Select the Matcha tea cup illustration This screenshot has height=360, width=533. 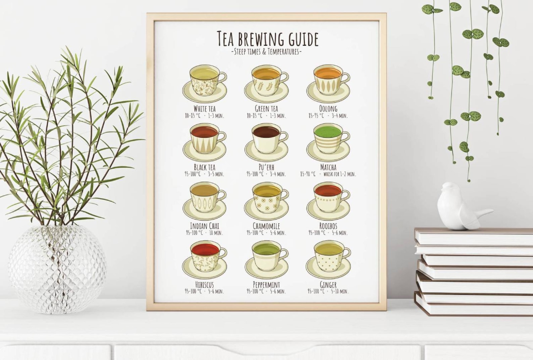tap(328, 142)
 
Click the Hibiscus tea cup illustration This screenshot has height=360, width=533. tap(204, 259)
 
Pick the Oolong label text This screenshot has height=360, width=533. tap(328, 109)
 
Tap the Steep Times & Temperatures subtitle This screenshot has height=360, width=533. tap(266, 52)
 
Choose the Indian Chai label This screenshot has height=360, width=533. tap(204, 226)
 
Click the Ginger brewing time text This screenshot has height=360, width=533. tap(339, 291)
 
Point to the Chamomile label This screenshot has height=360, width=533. tap(266, 226)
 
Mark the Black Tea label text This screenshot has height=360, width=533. tap(204, 167)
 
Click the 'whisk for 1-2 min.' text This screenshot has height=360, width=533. tap(339, 174)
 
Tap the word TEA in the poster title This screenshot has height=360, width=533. tap(225, 39)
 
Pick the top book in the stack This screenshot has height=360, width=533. tap(473, 236)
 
